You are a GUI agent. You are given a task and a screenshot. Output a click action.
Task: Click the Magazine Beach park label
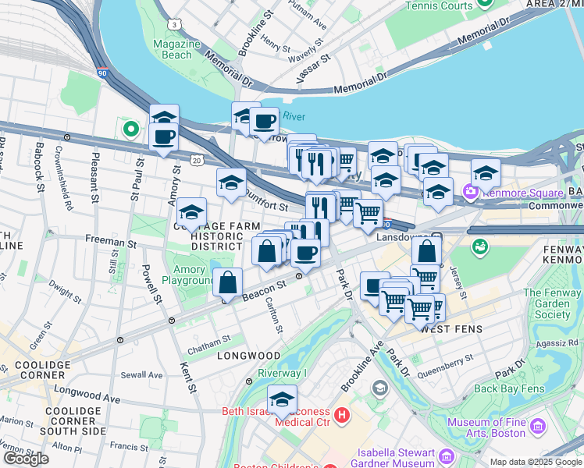171,50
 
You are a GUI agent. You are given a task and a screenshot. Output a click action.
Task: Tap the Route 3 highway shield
177,25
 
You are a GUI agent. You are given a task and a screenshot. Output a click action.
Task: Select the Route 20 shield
198,160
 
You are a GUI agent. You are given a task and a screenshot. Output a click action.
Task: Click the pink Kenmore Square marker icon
470,191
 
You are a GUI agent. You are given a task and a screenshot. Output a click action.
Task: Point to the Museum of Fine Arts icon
537,427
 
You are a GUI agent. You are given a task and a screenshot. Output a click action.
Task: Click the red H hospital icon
341,415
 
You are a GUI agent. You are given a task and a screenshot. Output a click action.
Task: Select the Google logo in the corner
26,458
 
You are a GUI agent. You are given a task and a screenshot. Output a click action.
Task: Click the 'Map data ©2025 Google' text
536,462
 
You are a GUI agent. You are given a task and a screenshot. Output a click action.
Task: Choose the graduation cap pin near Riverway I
282,400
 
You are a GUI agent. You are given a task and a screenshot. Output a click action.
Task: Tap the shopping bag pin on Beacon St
227,282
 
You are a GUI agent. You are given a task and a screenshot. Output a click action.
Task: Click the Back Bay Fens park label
508,388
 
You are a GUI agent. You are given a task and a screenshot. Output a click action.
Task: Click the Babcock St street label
38,169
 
